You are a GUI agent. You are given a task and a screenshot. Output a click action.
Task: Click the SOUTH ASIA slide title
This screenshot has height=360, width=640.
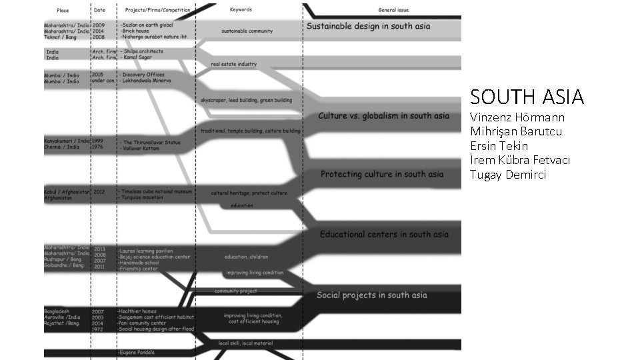point(527,97)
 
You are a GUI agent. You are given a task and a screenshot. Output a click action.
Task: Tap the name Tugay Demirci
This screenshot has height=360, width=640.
point(508,175)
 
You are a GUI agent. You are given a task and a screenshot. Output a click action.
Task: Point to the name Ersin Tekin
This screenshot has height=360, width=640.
point(499,146)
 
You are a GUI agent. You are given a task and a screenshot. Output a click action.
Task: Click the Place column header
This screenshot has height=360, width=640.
point(63,11)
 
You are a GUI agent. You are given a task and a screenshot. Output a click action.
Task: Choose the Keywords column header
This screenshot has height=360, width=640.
point(241,10)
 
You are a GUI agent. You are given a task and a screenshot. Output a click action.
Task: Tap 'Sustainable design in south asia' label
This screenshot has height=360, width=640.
point(368,27)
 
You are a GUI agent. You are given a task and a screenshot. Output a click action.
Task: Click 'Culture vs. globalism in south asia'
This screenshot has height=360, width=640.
point(383,116)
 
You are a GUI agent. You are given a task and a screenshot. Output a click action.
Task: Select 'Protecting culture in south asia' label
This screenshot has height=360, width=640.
point(381,175)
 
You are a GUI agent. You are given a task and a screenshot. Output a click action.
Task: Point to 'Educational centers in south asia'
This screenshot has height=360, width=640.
point(384,235)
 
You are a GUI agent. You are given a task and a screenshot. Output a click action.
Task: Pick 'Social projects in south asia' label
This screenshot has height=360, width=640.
point(371,295)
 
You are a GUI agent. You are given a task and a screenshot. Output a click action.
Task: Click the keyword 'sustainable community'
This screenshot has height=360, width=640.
point(247,31)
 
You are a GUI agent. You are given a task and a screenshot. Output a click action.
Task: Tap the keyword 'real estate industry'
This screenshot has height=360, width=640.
point(233,65)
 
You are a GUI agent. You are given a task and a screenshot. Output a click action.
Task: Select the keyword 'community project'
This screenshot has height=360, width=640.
point(235,291)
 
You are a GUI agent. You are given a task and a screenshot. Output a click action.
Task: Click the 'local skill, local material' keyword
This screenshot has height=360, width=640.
point(245,343)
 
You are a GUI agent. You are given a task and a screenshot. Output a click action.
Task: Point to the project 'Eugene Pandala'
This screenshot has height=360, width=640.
point(137,351)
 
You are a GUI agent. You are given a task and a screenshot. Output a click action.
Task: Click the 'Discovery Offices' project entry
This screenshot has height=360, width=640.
point(143,75)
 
